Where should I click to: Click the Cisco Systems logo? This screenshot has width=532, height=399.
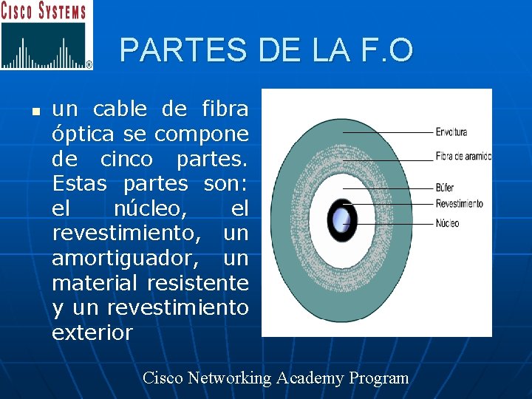point(47,35)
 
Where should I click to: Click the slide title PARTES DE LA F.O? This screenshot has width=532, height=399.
point(266,50)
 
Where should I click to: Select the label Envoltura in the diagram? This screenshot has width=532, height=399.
point(451,132)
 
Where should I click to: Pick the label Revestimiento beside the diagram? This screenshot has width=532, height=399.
point(459,203)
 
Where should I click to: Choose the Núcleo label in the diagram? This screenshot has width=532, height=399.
point(447,222)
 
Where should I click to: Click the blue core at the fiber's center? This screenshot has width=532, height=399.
point(341,219)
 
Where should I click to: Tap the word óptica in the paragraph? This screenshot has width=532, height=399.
point(81,135)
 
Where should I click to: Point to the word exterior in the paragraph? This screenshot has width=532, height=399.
point(92,332)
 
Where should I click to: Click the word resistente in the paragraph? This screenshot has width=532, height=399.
point(198,283)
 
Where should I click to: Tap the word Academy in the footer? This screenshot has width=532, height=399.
point(310,378)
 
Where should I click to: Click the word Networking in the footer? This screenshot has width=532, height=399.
point(229,378)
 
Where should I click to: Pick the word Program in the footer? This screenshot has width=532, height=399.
point(379,378)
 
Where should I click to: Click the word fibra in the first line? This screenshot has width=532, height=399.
point(225,110)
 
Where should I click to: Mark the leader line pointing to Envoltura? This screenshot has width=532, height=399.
point(388,132)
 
